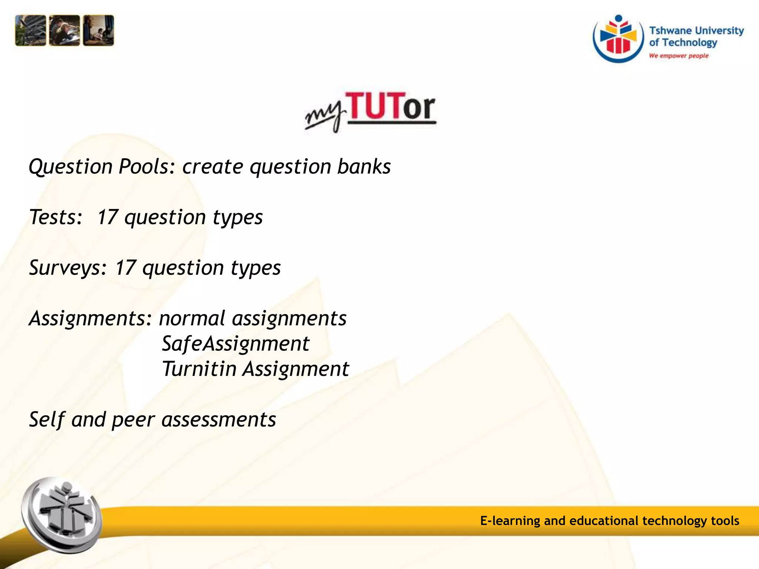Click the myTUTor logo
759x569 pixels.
click(x=370, y=111)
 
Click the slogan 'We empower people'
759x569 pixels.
click(x=679, y=56)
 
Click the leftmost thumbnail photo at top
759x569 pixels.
click(x=30, y=30)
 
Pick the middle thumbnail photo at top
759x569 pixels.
click(x=64, y=30)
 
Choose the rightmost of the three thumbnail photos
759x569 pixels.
click(x=99, y=30)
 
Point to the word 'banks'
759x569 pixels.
click(x=364, y=166)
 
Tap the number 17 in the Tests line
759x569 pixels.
click(x=107, y=217)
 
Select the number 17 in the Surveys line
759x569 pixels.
click(x=125, y=267)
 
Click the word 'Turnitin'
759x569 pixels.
click(x=199, y=369)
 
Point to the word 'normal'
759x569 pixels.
click(x=192, y=318)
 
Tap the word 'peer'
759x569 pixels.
click(x=133, y=420)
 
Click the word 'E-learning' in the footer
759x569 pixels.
click(x=510, y=521)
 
